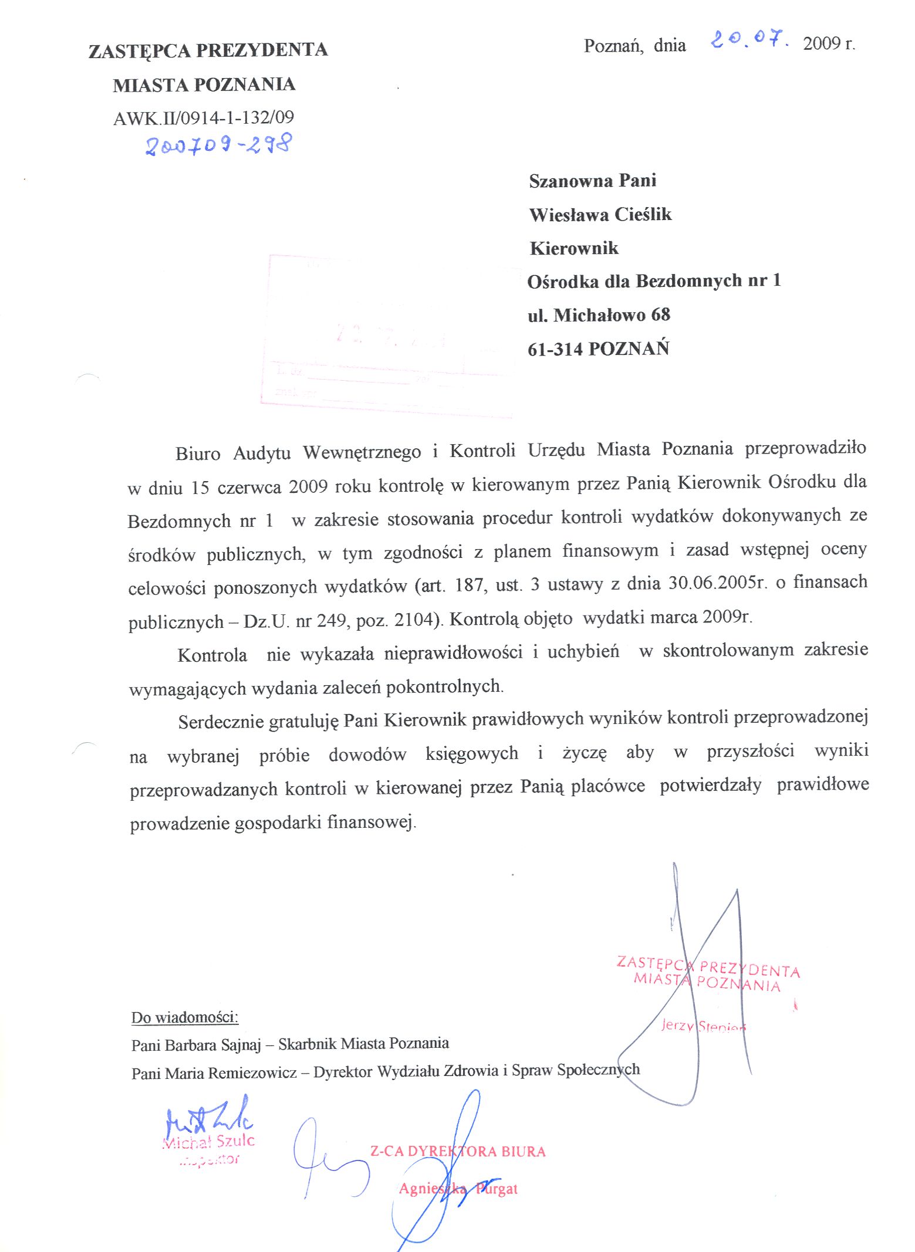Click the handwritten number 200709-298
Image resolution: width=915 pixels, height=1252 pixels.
point(218,144)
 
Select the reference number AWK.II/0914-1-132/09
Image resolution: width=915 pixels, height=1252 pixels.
point(203,118)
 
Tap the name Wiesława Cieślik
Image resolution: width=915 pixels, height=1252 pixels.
point(600,215)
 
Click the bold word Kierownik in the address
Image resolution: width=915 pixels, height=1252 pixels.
point(573,248)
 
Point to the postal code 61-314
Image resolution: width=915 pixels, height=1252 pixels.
point(555,350)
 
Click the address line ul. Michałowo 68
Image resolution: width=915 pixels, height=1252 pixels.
point(598,316)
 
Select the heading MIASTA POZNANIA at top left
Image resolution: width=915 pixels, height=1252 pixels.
point(204,85)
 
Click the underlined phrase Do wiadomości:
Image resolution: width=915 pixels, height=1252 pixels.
point(185,1017)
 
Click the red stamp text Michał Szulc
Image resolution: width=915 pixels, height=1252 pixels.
point(208,1141)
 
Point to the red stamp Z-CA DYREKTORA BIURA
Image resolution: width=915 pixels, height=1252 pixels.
point(457,1151)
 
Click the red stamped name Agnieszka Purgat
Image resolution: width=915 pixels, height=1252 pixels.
point(458,1189)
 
